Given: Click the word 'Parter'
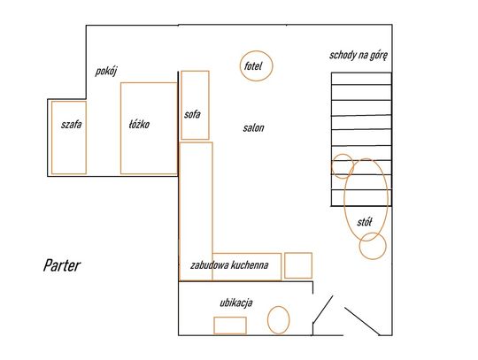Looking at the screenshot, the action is pyautogui.click(x=62, y=265).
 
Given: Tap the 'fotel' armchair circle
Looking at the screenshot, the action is pyautogui.click(x=257, y=51).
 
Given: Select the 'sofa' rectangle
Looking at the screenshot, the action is pyautogui.click(x=181, y=105).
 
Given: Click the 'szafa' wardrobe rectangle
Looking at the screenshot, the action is pyautogui.click(x=52, y=138).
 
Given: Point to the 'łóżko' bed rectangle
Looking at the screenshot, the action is pyautogui.click(x=121, y=128).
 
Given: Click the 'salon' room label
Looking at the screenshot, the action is pyautogui.click(x=253, y=128).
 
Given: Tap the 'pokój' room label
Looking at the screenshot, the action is pyautogui.click(x=106, y=72).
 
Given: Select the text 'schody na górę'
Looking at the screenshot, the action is pyautogui.click(x=358, y=56).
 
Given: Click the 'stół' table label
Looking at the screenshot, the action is pyautogui.click(x=365, y=222).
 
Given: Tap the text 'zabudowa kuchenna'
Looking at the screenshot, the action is pyautogui.click(x=229, y=265).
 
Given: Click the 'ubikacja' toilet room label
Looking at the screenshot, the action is pyautogui.click(x=236, y=303).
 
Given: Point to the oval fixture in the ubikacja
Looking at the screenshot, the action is pyautogui.click(x=278, y=306).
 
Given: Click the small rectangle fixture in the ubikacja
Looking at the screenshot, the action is pyautogui.click(x=230, y=318).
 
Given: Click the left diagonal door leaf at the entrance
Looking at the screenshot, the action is pyautogui.click(x=323, y=309).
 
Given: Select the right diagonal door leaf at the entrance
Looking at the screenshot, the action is pyautogui.click(x=362, y=321).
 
